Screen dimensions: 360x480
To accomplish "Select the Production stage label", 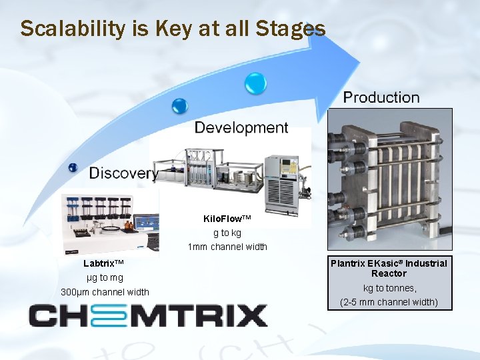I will pos(381,97).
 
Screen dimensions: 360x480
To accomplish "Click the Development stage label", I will pos(241,127).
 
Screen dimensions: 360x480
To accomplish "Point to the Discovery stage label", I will pos(124,173).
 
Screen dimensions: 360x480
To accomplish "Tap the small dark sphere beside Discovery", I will pos(73,168).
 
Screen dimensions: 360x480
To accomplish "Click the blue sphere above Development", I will pos(179,105).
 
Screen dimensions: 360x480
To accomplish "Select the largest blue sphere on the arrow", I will pos(255,83).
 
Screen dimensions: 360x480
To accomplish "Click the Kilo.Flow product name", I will pos(227,219).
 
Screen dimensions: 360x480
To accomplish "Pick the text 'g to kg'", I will pos(227,233).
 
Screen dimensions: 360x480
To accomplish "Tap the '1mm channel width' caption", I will pos(227,247).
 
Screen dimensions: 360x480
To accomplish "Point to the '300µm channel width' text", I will pos(105,292).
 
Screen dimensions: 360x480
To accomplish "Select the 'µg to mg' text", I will pos(105,277).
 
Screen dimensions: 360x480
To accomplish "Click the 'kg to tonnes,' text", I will pos(389,288).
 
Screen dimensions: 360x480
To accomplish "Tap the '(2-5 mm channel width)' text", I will pos(389,302).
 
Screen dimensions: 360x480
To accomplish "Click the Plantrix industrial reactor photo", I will pos(389,180).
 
